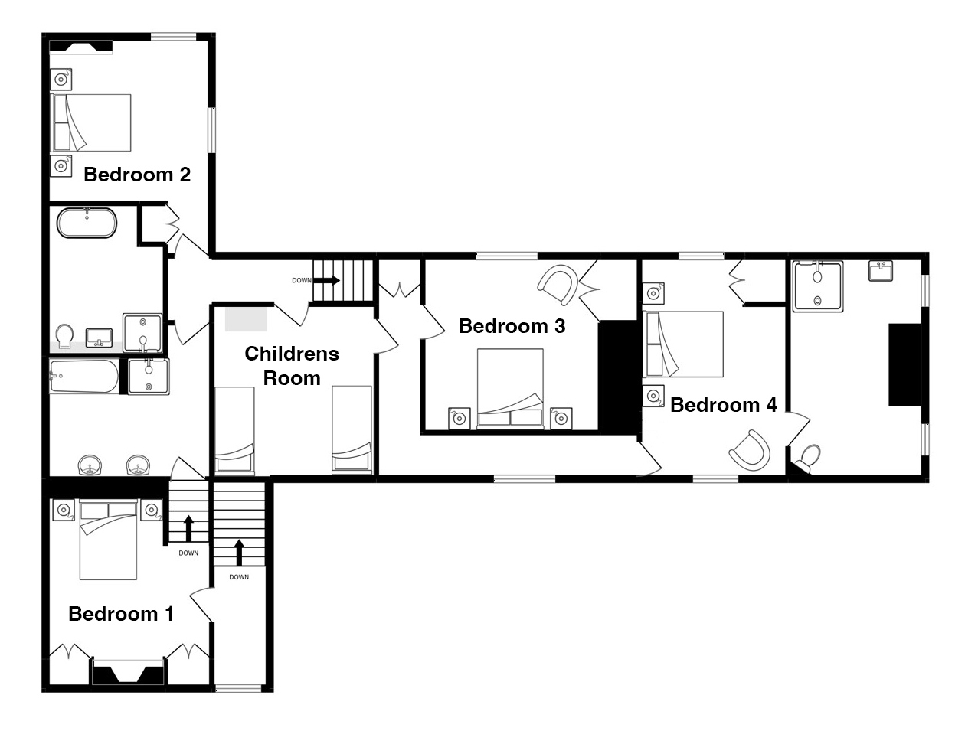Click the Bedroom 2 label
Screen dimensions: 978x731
coord(137,175)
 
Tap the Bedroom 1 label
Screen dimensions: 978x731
coord(121,614)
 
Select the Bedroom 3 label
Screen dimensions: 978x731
coord(512,326)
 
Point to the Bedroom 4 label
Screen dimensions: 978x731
coord(724,405)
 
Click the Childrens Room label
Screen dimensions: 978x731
coord(292,366)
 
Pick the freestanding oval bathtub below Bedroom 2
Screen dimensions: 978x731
coord(87,223)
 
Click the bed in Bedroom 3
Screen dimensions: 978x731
coord(510,389)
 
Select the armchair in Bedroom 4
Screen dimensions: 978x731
coord(750,450)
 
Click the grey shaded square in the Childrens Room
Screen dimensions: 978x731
coord(246,319)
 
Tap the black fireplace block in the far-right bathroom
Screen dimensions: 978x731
coord(904,364)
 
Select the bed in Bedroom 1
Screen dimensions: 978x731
coord(108,540)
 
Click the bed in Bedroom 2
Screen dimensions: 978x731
coord(92,122)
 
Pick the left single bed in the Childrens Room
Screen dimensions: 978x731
coord(235,429)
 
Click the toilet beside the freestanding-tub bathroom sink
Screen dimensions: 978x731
coord(64,336)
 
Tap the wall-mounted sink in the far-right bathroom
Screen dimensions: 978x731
coord(881,271)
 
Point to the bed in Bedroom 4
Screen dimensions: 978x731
coord(684,344)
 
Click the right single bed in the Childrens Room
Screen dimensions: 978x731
coord(352,429)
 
